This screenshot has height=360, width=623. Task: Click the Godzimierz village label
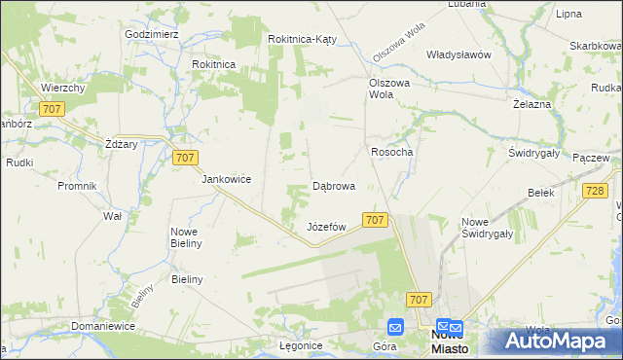[152, 33]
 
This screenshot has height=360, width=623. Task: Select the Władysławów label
[458, 54]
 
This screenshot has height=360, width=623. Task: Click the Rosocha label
[392, 152]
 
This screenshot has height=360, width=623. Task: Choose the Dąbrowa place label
[333, 185]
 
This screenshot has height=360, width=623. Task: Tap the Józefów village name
[327, 227]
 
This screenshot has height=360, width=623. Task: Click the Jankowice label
[227, 179]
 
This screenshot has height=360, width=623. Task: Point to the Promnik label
[77, 185]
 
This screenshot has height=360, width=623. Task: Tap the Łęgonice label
[301, 346]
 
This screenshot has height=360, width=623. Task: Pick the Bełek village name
[540, 193]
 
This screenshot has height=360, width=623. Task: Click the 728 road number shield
[597, 192]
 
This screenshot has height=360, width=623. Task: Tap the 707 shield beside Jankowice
[184, 157]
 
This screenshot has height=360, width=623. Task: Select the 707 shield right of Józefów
[376, 221]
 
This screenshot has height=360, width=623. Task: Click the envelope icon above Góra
[396, 327]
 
